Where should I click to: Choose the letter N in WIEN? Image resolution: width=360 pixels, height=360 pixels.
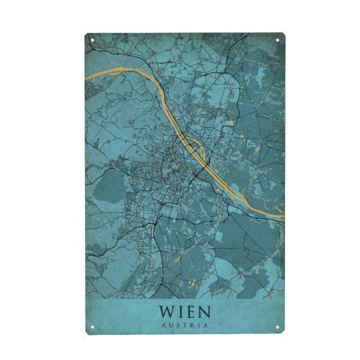coord(205,312)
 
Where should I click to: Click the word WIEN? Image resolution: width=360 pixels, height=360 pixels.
coord(185,312)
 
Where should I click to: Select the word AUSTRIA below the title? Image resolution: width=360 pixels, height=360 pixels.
coord(185,326)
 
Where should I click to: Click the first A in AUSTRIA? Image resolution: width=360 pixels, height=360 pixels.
coord(164,326)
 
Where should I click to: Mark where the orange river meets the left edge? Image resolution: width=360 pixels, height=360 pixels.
coord(86,77)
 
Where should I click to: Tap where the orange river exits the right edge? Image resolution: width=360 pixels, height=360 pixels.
coord(283,215)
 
